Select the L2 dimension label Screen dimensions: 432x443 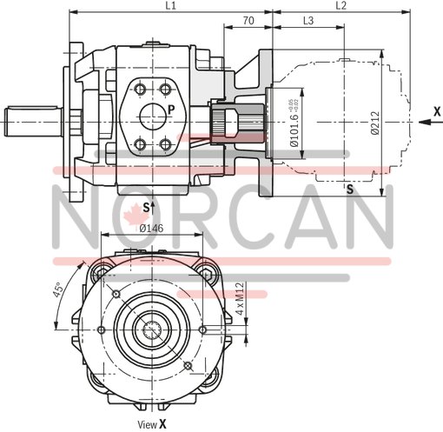(341, 6)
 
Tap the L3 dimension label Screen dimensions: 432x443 (308, 20)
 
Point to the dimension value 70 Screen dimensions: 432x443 (248, 20)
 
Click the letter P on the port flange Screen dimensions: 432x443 (171, 110)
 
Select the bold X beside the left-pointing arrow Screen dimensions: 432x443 (437, 110)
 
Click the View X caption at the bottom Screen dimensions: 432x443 (152, 425)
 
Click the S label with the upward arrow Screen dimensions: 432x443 (147, 207)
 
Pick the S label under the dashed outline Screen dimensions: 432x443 (347, 189)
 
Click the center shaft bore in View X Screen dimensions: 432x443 (159, 331)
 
